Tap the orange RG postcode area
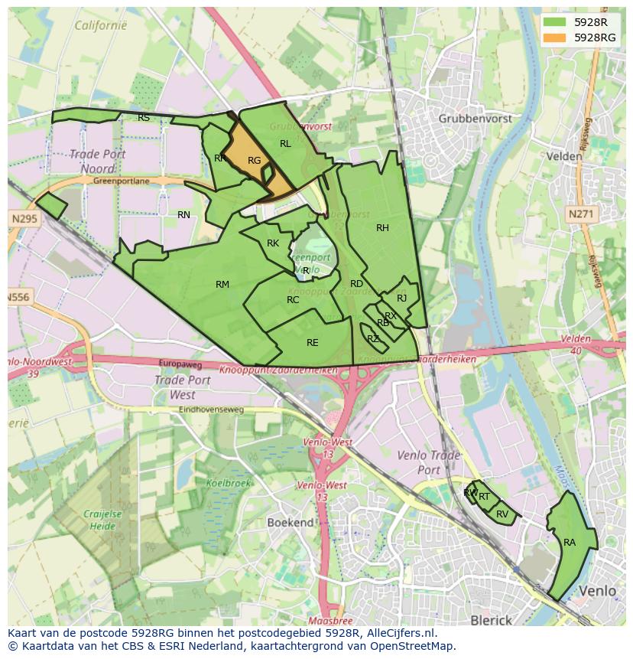click(x=254, y=160)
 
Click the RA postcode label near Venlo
click(x=570, y=542)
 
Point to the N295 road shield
click(x=24, y=219)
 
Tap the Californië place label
click(x=100, y=25)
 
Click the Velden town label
click(x=565, y=155)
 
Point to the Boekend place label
click(x=290, y=522)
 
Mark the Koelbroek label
click(x=228, y=483)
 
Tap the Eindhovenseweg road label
click(x=211, y=409)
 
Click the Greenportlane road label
click(x=121, y=181)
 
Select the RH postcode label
click(x=382, y=227)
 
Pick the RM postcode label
click(x=222, y=284)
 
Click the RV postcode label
click(x=502, y=514)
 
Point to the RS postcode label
click(x=144, y=117)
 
